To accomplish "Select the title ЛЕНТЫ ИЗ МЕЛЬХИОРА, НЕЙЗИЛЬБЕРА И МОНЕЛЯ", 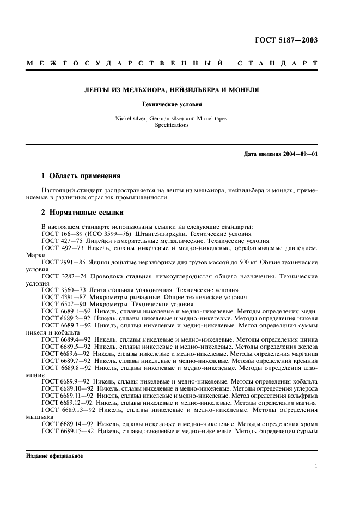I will pyautogui.click(x=171, y=89).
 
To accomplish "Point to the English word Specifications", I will pyautogui.click(x=172, y=125).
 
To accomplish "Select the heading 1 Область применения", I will pyautogui.click(x=81, y=176).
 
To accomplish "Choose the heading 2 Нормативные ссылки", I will pyautogui.click(x=83, y=212).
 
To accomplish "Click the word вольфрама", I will pyautogui.click(x=302, y=396).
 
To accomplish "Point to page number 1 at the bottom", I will pyautogui.click(x=316, y=466).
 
